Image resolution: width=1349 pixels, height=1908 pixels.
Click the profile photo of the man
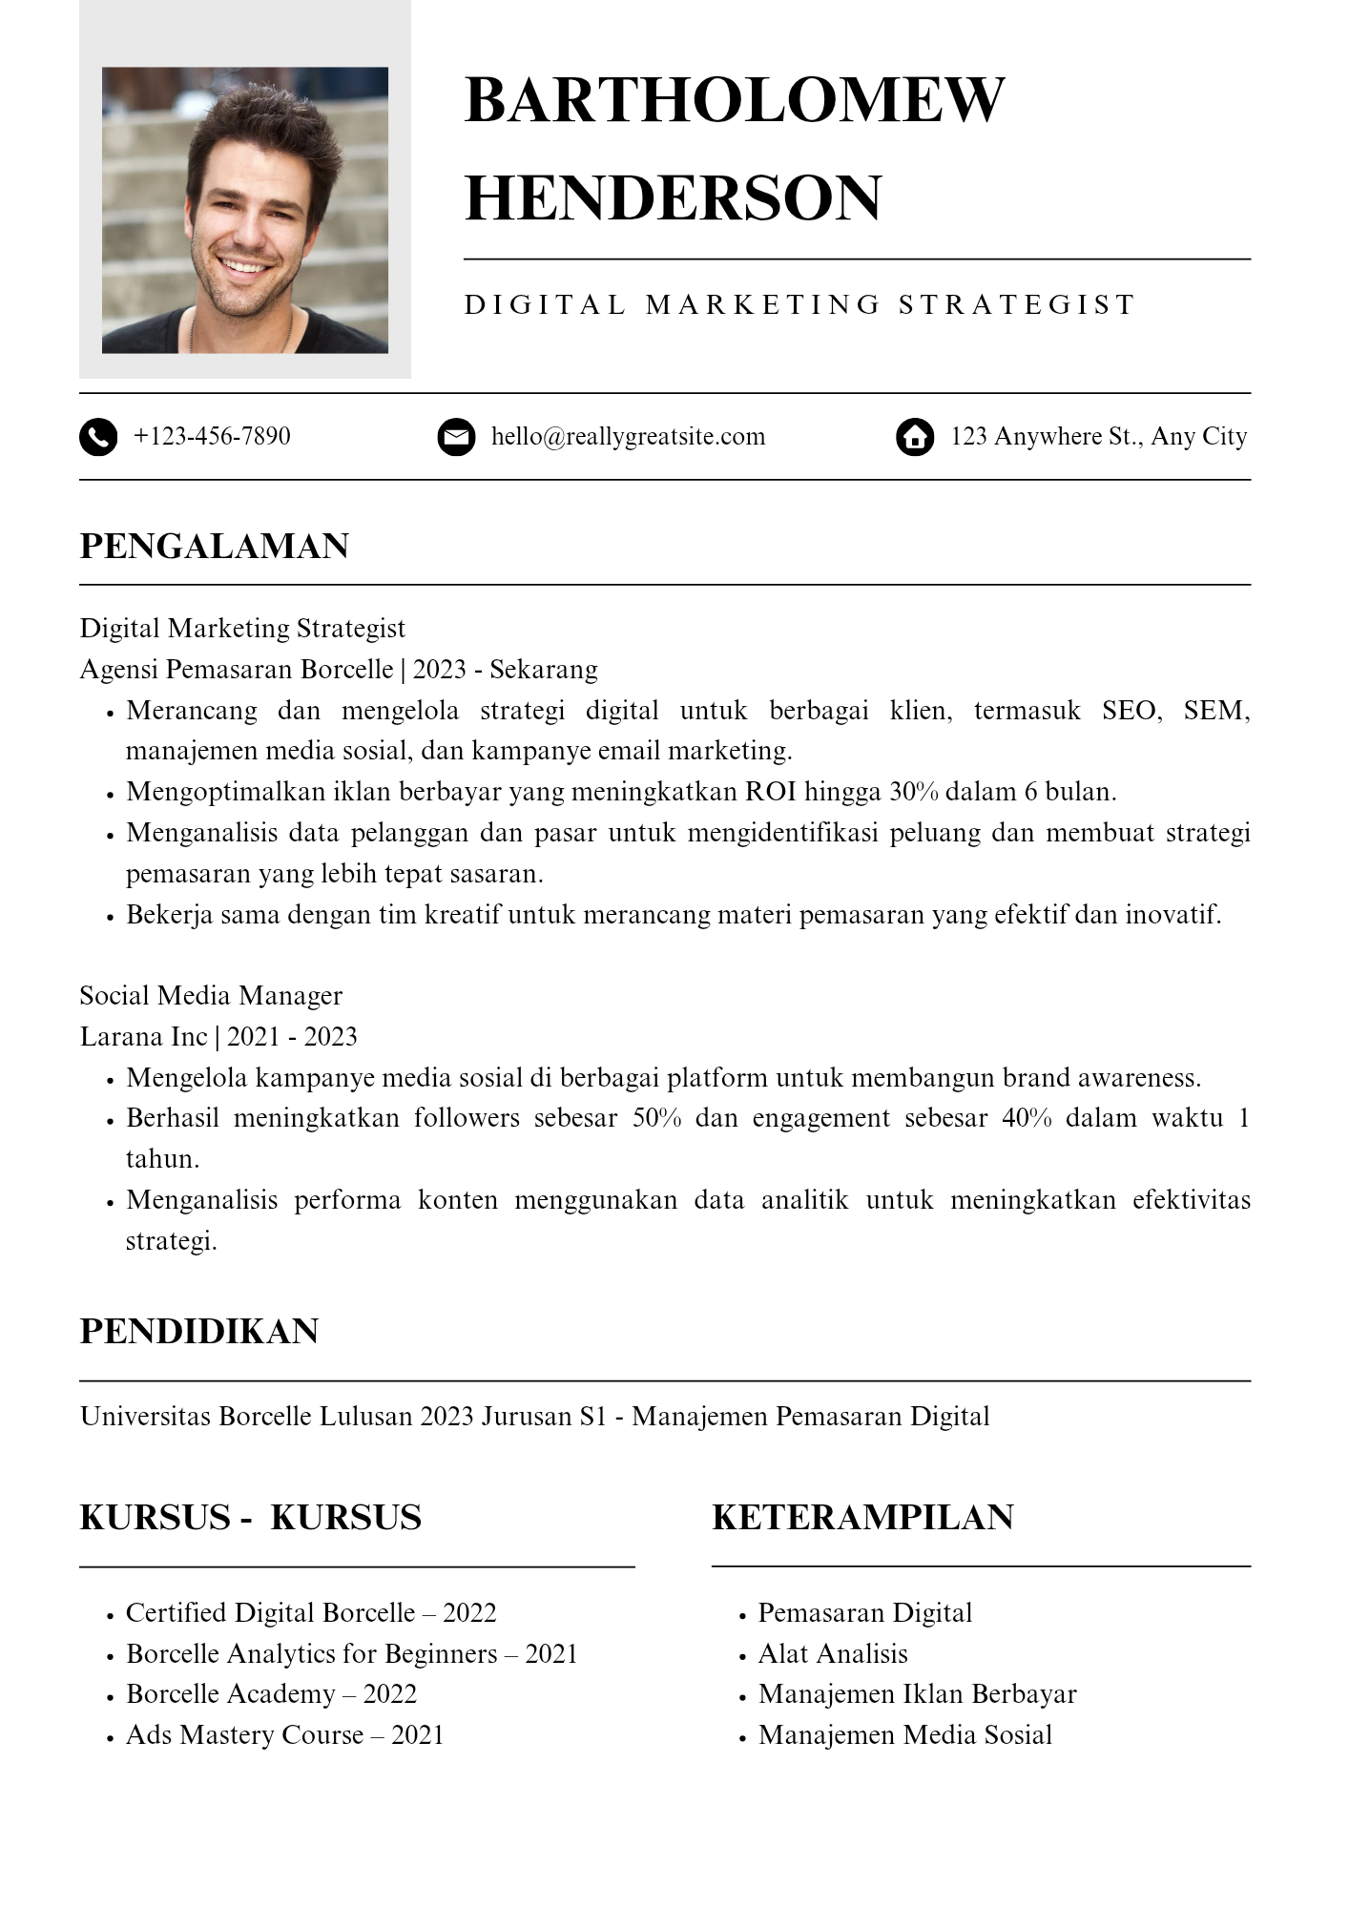click(x=244, y=210)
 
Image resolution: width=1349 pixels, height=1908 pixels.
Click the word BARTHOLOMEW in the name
click(x=734, y=99)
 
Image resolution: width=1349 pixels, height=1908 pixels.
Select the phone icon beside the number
click(x=98, y=437)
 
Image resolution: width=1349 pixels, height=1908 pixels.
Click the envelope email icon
click(x=456, y=437)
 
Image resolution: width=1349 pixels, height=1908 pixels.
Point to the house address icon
click(x=915, y=437)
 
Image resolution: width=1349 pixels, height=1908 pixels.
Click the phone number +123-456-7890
click(x=212, y=436)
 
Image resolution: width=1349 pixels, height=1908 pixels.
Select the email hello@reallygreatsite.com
click(x=628, y=436)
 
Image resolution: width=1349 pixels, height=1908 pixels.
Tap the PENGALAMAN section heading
click(x=215, y=546)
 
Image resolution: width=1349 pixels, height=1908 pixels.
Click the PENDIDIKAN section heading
click(x=198, y=1331)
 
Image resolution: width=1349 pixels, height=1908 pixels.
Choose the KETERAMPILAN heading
click(x=862, y=1517)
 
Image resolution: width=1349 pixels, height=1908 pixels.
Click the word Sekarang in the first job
click(x=544, y=669)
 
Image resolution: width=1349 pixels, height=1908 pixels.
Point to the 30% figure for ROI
click(x=914, y=792)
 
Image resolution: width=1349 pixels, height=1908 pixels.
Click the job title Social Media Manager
click(x=211, y=995)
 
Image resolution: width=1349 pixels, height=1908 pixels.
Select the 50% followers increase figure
click(x=657, y=1118)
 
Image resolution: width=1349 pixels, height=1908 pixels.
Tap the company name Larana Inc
click(x=143, y=1036)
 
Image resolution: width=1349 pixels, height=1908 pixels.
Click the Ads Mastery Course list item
click(x=284, y=1734)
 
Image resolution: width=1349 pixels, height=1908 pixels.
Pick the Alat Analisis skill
click(x=833, y=1653)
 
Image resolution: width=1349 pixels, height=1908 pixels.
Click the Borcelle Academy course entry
click(x=271, y=1693)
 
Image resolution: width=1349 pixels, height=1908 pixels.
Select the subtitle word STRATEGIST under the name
click(x=1016, y=304)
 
